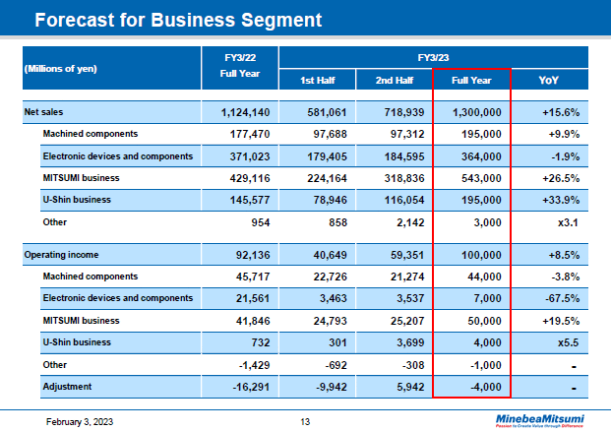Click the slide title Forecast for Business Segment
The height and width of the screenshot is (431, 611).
point(177,19)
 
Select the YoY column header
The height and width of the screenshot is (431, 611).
point(549,80)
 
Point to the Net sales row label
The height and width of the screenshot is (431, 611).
point(43,112)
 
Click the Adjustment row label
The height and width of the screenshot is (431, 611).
point(69,387)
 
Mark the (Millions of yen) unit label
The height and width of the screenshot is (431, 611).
point(60,68)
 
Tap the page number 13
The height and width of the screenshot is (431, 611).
point(305,422)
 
